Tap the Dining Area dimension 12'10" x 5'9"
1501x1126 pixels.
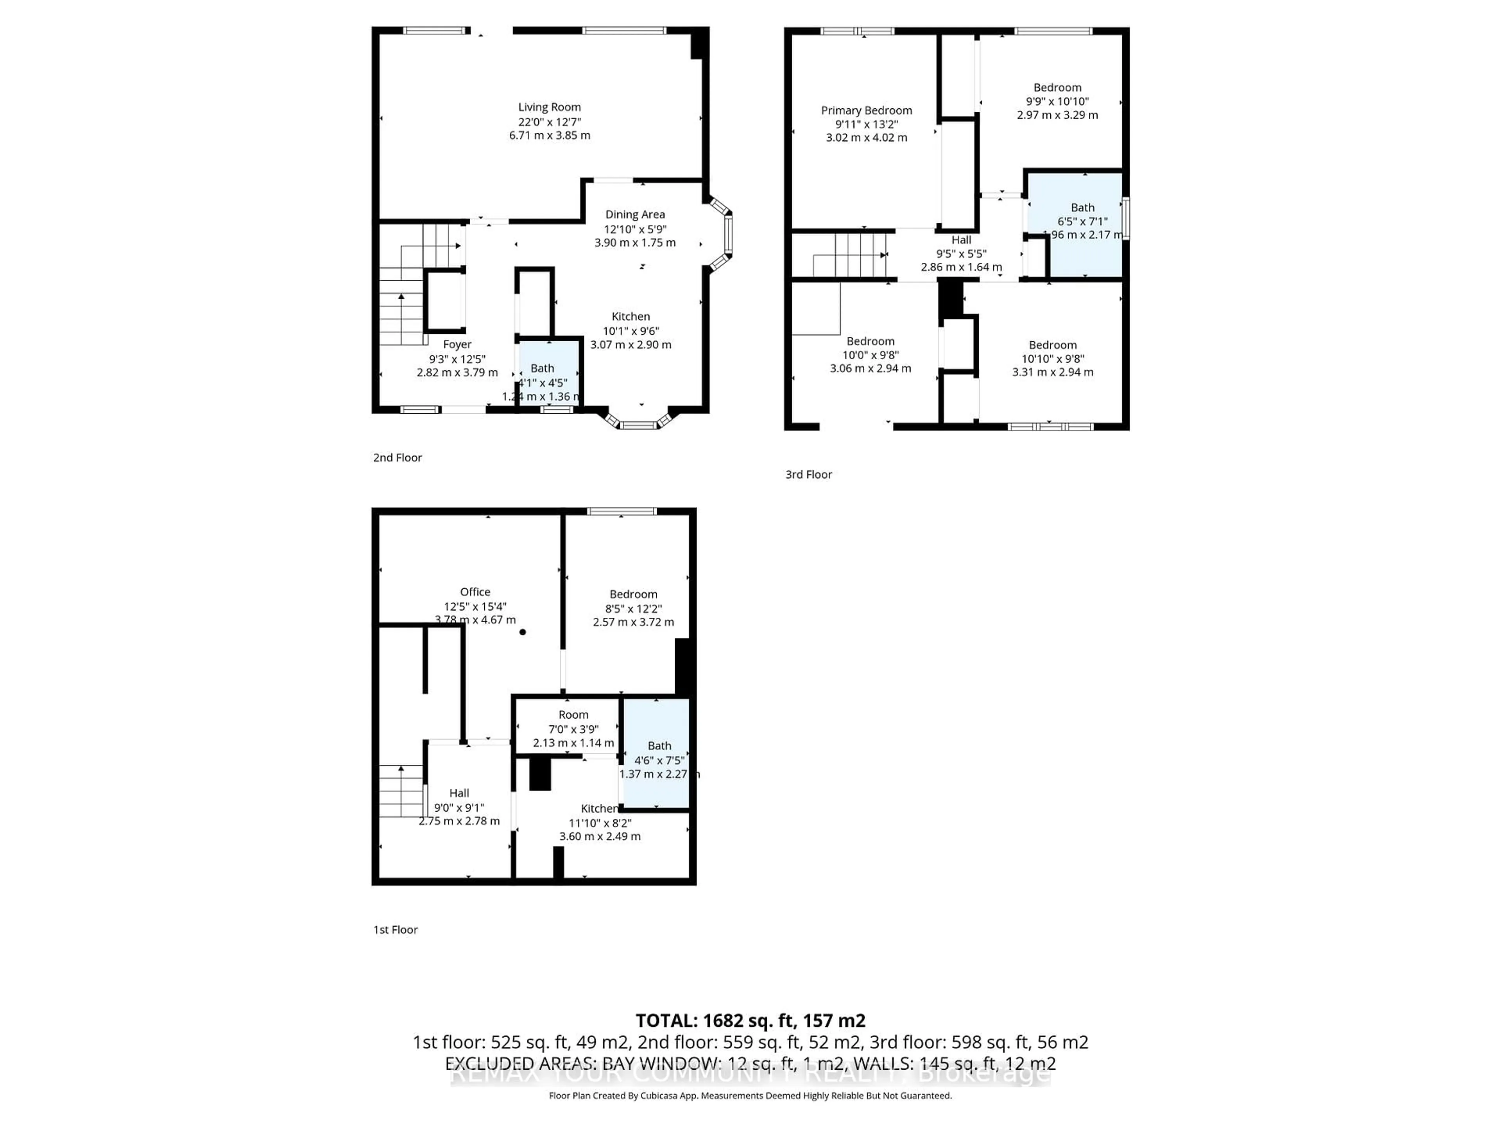pyautogui.click(x=635, y=229)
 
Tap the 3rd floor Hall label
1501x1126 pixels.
pyautogui.click(x=961, y=240)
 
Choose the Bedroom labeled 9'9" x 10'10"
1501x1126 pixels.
pyautogui.click(x=1057, y=88)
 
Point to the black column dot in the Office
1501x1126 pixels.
pyautogui.click(x=523, y=632)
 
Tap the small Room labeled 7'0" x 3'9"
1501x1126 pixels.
pyautogui.click(x=573, y=715)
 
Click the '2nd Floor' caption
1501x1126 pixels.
pyautogui.click(x=397, y=457)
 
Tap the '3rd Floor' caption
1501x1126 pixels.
pyautogui.click(x=808, y=474)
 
